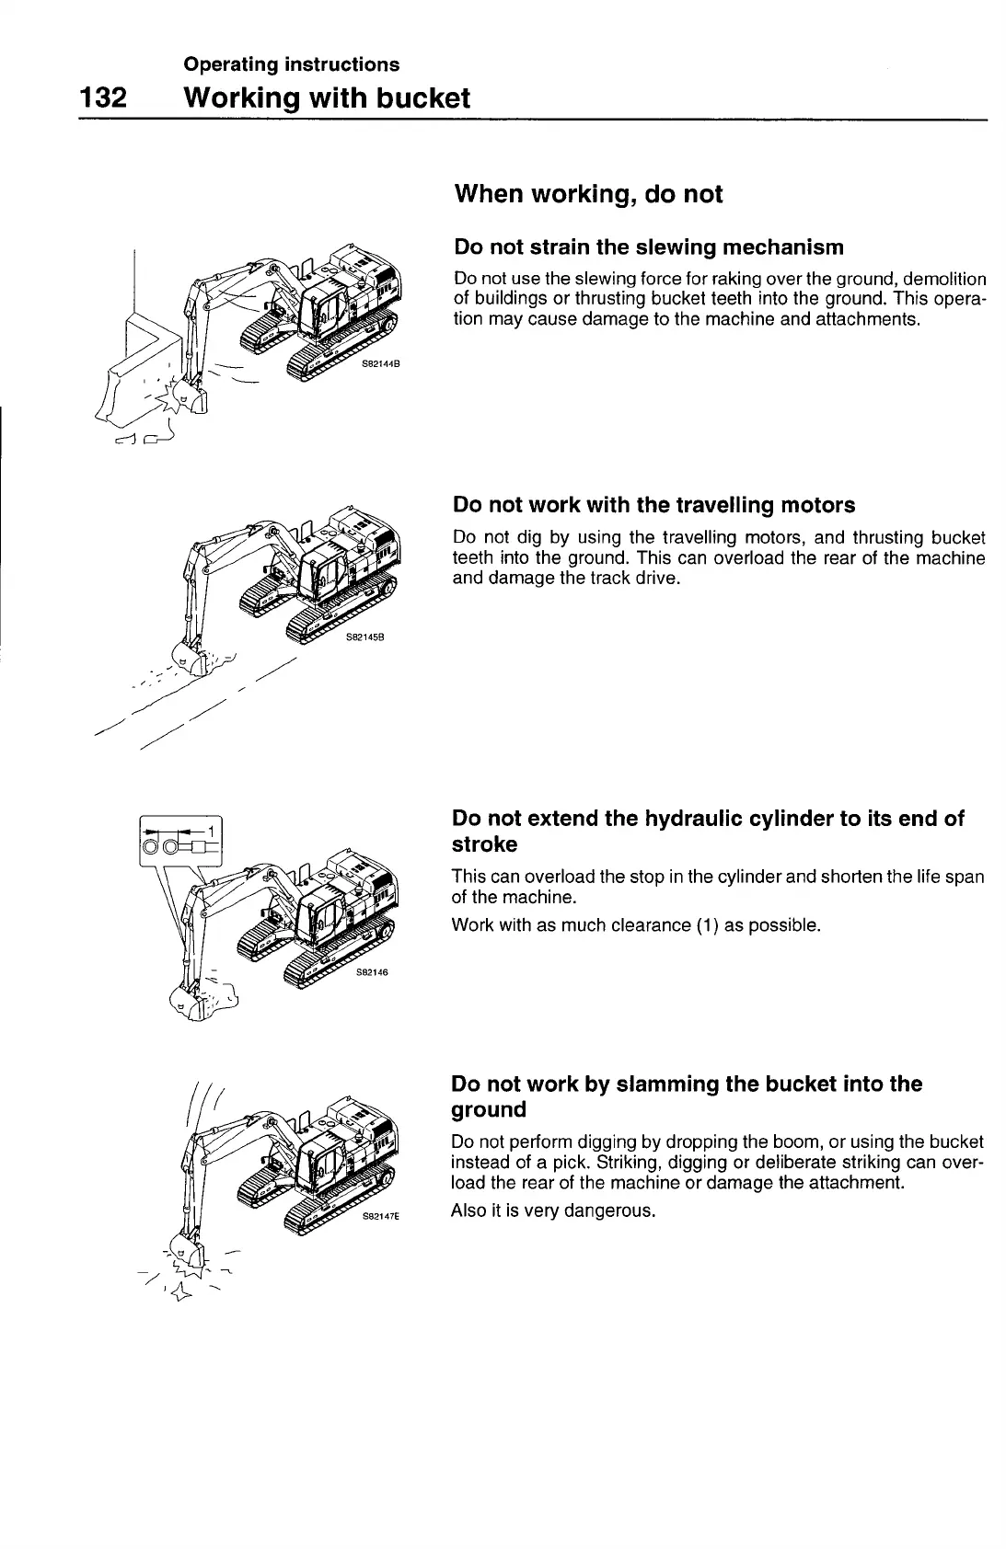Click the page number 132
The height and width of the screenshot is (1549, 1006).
pos(102,98)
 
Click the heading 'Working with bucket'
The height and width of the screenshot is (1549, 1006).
pos(327,98)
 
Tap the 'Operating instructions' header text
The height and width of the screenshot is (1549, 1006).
pos(291,64)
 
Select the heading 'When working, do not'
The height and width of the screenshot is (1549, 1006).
pos(588,194)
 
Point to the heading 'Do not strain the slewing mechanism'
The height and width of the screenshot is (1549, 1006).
pos(649,247)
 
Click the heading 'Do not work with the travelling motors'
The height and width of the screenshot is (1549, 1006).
pos(653,505)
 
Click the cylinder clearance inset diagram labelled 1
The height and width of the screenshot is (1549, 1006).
pos(181,839)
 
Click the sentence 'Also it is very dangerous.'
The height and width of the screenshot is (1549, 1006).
pos(552,1211)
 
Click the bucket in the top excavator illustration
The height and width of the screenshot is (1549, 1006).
pos(192,400)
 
